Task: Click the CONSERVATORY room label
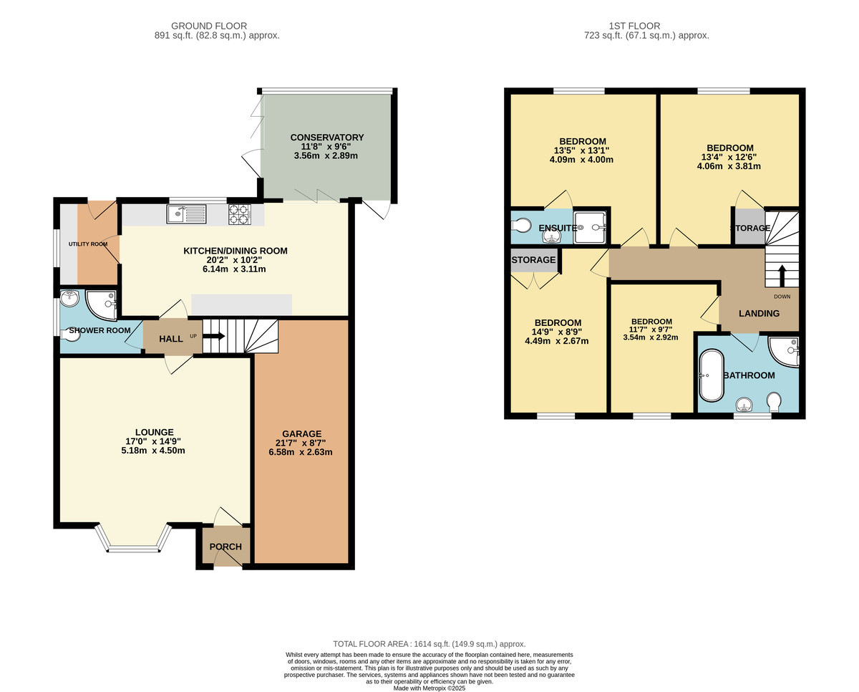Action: (327, 138)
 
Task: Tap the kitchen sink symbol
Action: (186, 213)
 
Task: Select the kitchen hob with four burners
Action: (239, 213)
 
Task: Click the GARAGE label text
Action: (301, 433)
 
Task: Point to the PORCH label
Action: (225, 547)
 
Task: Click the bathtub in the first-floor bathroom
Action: (712, 375)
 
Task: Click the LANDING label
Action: (759, 313)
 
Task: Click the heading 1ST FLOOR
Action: (646, 26)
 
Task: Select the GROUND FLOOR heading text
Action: (217, 26)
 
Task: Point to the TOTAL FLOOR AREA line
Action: (429, 644)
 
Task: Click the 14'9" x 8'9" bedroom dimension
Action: (556, 332)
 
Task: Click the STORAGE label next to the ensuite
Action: (534, 259)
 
